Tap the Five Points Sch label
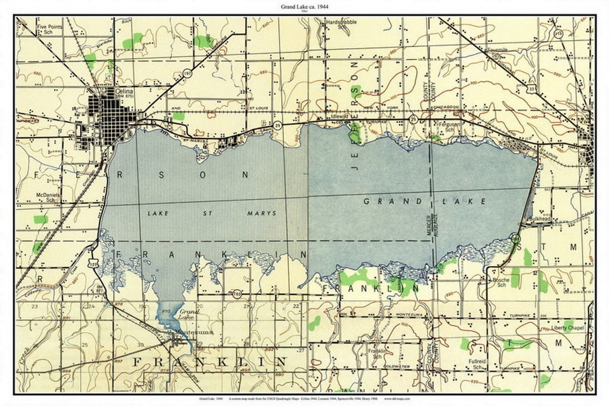pos(49,29)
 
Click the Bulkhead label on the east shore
pos(536,218)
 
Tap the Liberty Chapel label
pos(567,328)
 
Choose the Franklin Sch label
pos(377,354)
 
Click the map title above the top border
pos(305,6)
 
